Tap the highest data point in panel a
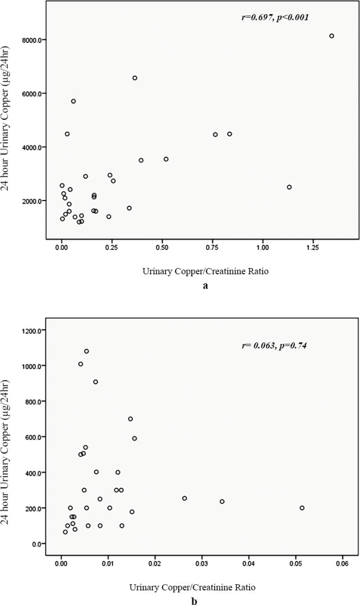(332, 36)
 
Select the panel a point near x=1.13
(289, 187)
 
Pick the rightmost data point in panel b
(302, 508)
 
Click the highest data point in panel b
(86, 351)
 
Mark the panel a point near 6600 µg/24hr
(135, 78)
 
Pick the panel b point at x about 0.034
(222, 501)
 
